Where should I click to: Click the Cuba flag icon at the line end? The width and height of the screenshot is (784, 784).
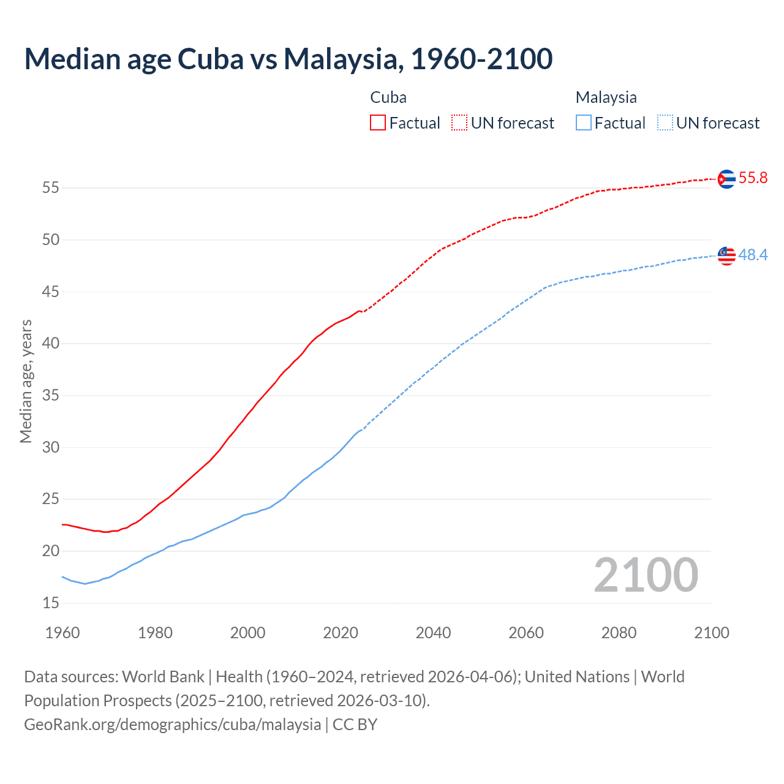pyautogui.click(x=726, y=179)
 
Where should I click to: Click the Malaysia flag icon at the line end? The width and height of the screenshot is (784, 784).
pyautogui.click(x=726, y=255)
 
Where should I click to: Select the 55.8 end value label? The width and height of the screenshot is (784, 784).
pyautogui.click(x=753, y=178)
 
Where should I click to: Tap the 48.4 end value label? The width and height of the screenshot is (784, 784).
pyautogui.click(x=753, y=255)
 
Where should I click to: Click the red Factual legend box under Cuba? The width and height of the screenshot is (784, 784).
pyautogui.click(x=377, y=123)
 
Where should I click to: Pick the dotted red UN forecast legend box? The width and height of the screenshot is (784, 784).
pyautogui.click(x=459, y=123)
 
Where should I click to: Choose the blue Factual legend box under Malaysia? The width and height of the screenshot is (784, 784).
pyautogui.click(x=583, y=123)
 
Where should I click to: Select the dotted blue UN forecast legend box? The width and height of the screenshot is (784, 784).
pyautogui.click(x=665, y=123)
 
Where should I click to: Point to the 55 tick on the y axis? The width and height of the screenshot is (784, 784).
pyautogui.click(x=51, y=187)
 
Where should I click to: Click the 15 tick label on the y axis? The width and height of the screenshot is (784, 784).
pyautogui.click(x=51, y=603)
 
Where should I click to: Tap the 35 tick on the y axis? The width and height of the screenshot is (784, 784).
pyautogui.click(x=51, y=396)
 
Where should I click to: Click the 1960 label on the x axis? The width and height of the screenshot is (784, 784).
pyautogui.click(x=62, y=633)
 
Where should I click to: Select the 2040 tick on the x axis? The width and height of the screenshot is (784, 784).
pyautogui.click(x=433, y=633)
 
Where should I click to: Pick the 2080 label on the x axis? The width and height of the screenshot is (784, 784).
pyautogui.click(x=619, y=633)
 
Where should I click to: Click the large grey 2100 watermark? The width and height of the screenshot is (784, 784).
pyautogui.click(x=646, y=575)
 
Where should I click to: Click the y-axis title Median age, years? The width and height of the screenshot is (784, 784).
pyautogui.click(x=26, y=381)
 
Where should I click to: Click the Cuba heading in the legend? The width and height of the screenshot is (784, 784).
pyautogui.click(x=388, y=97)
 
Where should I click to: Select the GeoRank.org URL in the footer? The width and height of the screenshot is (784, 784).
pyautogui.click(x=172, y=725)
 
